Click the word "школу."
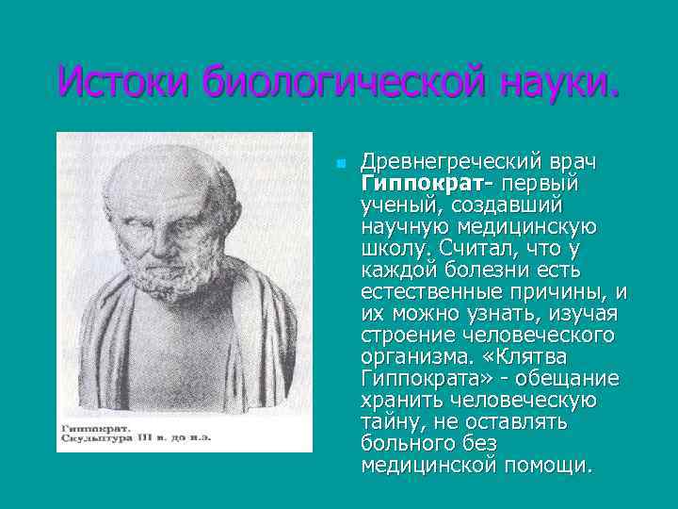[395, 248]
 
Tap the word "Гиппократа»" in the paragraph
[420, 378]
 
